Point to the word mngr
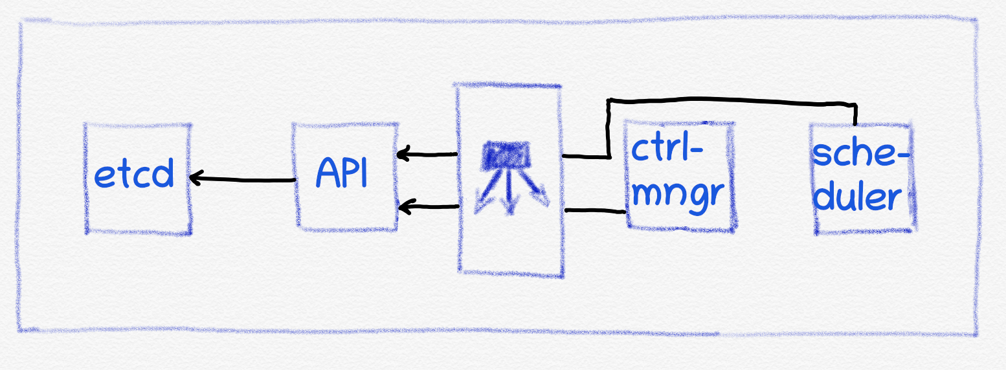point(676,192)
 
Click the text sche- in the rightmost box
point(860,155)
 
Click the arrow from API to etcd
point(243,179)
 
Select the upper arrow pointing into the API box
point(427,155)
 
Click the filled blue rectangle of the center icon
point(509,156)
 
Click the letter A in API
point(327,173)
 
